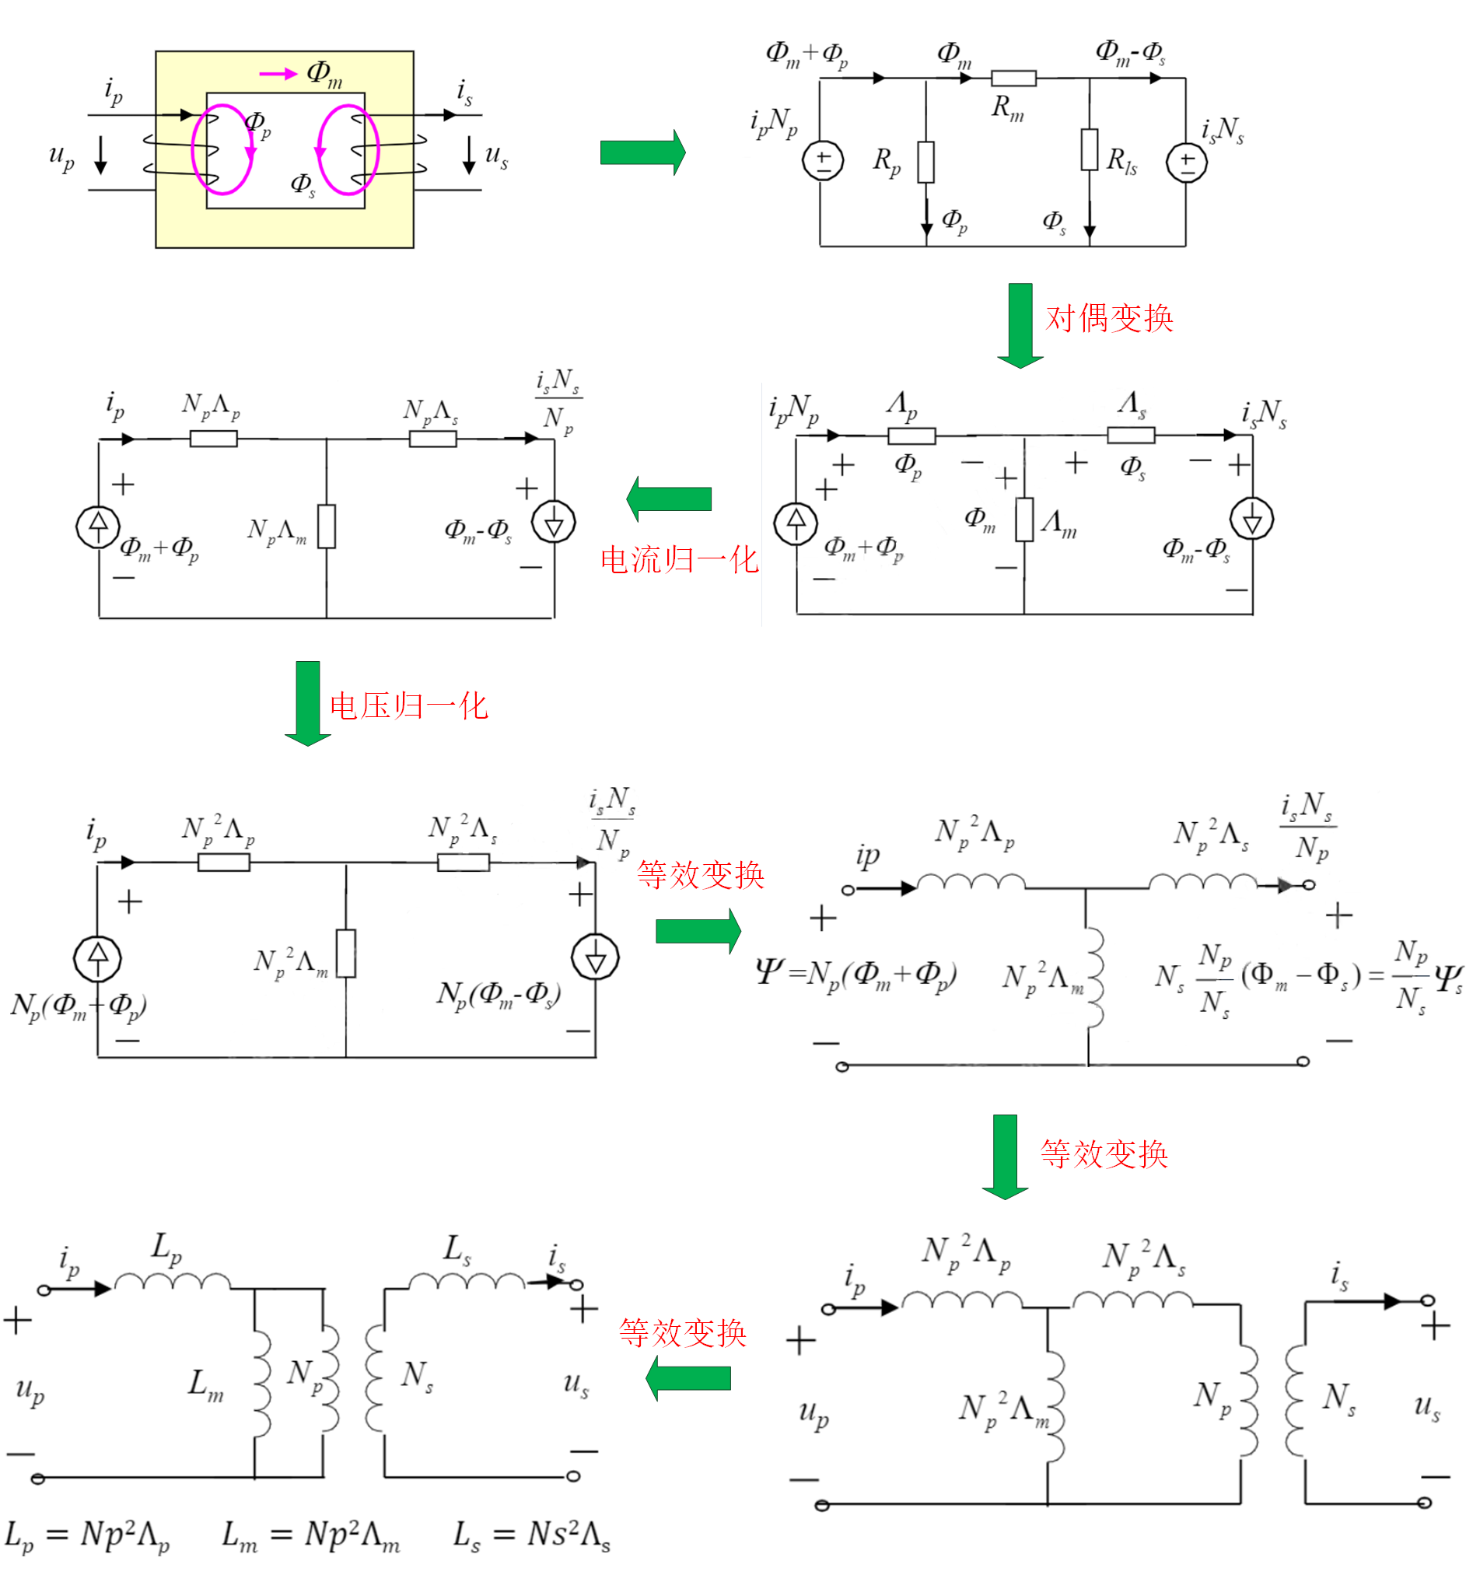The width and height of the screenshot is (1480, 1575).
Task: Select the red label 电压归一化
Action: pos(408,706)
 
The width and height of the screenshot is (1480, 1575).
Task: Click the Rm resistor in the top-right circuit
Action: pos(1013,78)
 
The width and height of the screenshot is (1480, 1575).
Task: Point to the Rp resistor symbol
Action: pos(925,163)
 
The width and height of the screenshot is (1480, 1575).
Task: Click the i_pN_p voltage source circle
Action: pos(822,161)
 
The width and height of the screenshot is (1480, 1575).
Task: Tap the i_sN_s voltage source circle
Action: pos(1185,163)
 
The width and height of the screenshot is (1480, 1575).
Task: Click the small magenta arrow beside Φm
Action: pos(278,75)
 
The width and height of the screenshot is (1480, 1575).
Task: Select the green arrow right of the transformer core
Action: pos(642,152)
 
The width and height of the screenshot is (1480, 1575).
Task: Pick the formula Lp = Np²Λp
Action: pos(87,1535)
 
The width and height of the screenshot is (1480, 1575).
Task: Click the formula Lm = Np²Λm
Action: pos(310,1535)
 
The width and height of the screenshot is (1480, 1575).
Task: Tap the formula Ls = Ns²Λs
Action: pos(531,1535)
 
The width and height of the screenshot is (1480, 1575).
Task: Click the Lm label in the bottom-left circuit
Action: pos(205,1384)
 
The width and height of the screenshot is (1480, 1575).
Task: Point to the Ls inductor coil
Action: pos(466,1282)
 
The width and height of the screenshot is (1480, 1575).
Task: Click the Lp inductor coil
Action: pos(172,1282)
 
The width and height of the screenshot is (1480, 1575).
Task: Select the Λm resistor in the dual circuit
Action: pos(1023,520)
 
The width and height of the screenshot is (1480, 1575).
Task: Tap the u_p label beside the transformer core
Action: pos(61,156)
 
